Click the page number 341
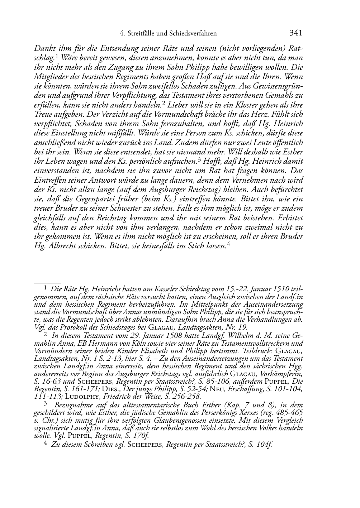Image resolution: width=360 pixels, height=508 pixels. click(x=295, y=33)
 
